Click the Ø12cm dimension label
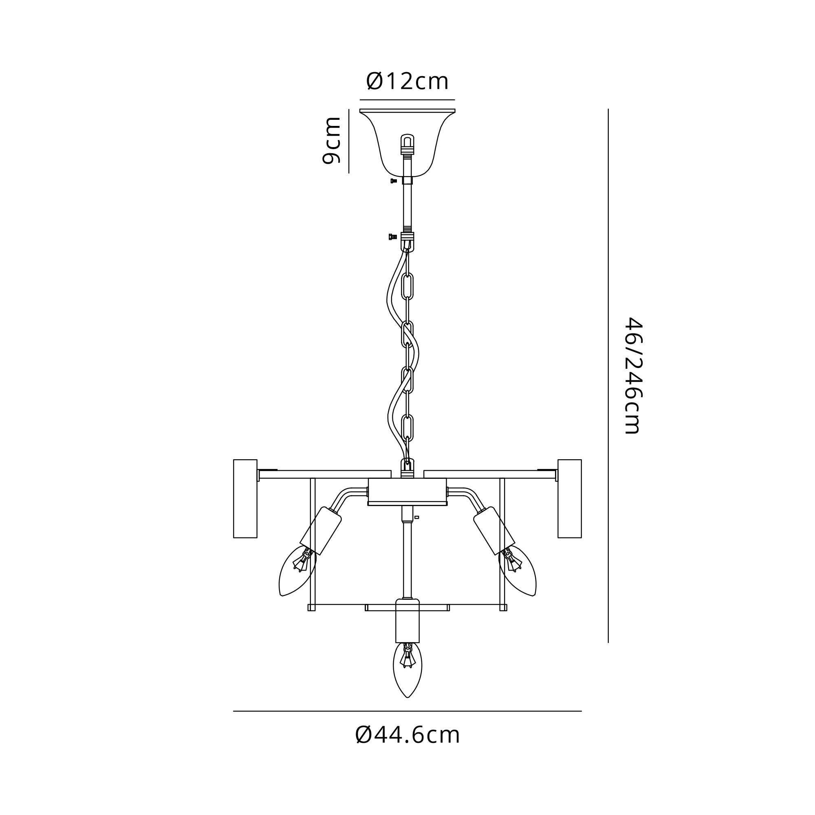(407, 81)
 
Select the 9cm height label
(331, 141)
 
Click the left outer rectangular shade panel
(245, 499)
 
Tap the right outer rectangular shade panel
(570, 499)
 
